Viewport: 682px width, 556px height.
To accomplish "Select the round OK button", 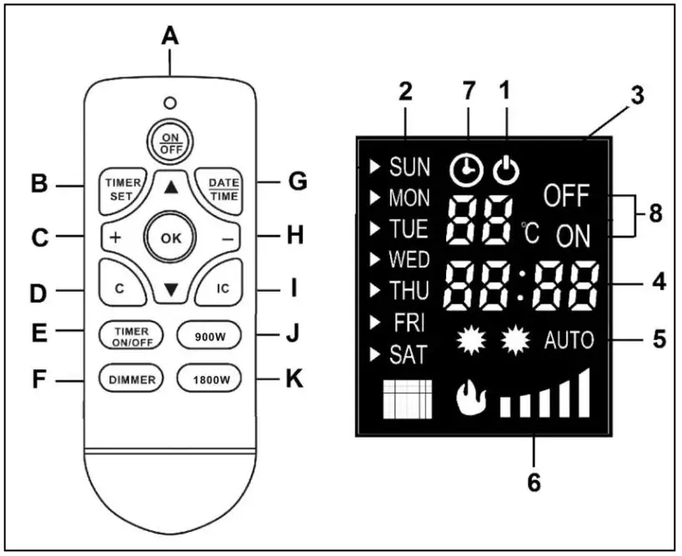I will pyautogui.click(x=171, y=238).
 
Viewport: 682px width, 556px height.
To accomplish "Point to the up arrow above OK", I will pyautogui.click(x=171, y=188).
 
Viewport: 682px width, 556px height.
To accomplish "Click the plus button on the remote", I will pyautogui.click(x=115, y=238).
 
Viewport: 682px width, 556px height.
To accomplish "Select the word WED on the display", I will pyautogui.click(x=409, y=258).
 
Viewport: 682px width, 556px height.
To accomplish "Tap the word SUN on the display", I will pyautogui.click(x=409, y=167).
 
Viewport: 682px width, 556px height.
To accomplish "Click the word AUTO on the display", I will pyautogui.click(x=570, y=340).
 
